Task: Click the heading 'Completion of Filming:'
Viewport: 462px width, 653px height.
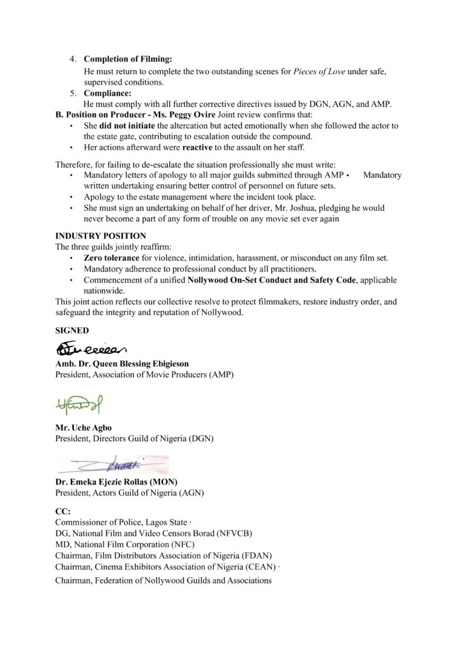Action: click(x=128, y=59)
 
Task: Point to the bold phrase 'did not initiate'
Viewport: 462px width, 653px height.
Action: click(x=126, y=126)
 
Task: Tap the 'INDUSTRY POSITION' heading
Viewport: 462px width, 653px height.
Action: click(x=100, y=235)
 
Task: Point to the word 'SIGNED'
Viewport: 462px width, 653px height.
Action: click(x=72, y=331)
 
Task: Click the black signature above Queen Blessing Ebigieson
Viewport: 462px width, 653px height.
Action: click(x=92, y=348)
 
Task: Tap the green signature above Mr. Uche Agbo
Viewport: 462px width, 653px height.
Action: click(x=82, y=403)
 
